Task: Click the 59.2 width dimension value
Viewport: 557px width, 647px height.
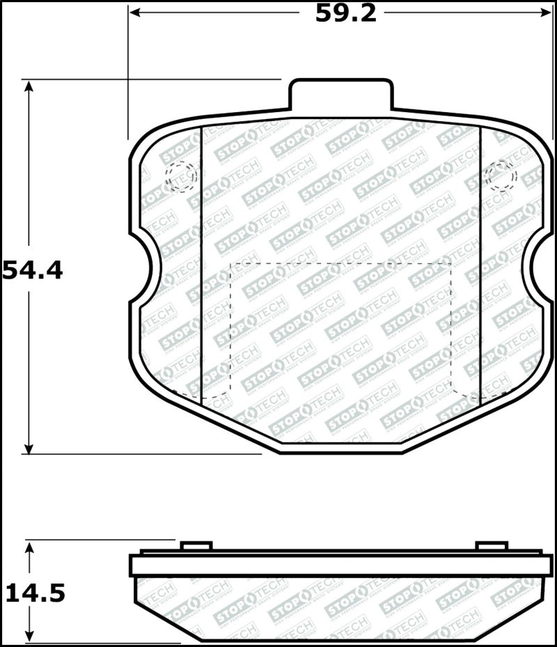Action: (345, 13)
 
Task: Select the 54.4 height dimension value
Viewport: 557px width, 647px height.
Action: (33, 270)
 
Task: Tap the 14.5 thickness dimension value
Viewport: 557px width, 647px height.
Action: (35, 593)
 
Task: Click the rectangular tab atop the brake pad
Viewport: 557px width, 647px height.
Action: (341, 96)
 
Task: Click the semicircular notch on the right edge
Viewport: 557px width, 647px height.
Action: (540, 269)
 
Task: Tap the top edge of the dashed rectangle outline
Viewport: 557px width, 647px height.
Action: (341, 263)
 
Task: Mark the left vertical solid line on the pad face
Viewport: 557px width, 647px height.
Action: (201, 265)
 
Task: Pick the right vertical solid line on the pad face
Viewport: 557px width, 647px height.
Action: (481, 265)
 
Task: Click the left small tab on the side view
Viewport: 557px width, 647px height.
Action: (196, 545)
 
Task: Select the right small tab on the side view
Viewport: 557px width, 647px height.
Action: (491, 545)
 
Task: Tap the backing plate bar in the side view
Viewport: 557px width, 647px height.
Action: (341, 565)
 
